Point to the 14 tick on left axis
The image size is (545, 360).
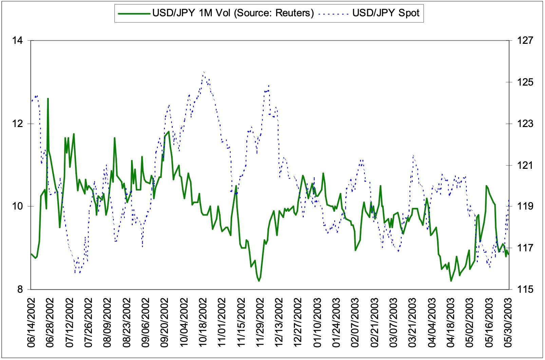17,41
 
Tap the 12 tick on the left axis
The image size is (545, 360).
17,124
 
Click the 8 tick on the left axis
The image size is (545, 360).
19,289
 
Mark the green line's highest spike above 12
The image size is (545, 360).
48,99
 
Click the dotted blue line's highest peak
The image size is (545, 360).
203,72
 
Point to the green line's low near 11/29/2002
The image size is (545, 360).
259,281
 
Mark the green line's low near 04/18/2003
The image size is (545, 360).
451,281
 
